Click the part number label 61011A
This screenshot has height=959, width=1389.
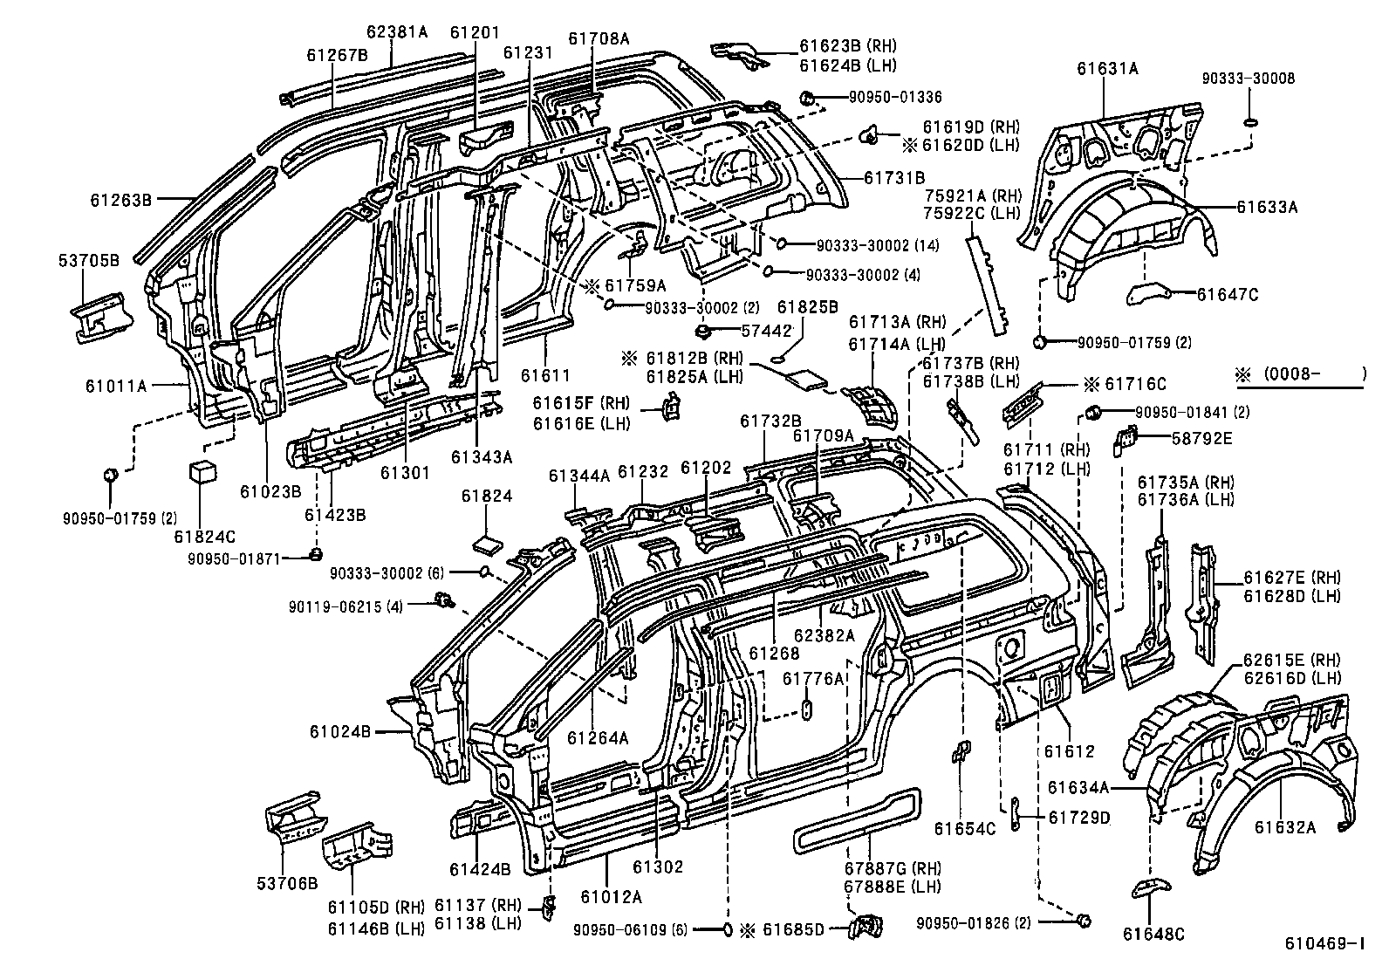(x=116, y=384)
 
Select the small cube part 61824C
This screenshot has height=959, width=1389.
(x=202, y=471)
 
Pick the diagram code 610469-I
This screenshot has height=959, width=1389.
(x=1324, y=943)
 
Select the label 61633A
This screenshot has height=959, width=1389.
(x=1267, y=207)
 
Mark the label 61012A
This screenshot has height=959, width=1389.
(x=611, y=896)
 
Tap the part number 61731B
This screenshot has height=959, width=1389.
(x=894, y=177)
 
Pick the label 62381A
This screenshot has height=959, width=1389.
(x=397, y=32)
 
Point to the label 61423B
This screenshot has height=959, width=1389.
(x=335, y=515)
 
